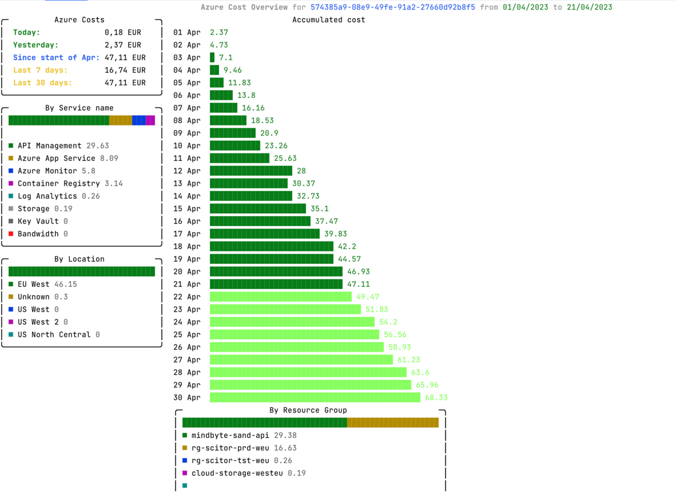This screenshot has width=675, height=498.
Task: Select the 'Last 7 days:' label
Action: (x=40, y=70)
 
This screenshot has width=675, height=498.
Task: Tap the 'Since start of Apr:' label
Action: (x=56, y=57)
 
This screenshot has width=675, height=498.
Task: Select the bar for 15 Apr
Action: (x=258, y=209)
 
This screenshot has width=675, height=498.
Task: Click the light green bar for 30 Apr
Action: (x=315, y=397)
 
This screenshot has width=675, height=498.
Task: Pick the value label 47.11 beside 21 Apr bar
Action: (x=358, y=284)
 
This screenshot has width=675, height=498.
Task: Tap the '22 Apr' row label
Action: (x=187, y=297)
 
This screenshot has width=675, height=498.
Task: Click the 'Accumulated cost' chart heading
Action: (x=328, y=20)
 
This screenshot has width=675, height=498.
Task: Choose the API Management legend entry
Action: (x=49, y=146)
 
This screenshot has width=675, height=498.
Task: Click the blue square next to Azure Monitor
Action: (x=11, y=171)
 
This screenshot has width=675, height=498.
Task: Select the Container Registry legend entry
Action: (x=58, y=183)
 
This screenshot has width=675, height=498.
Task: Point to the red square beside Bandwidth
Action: (x=11, y=234)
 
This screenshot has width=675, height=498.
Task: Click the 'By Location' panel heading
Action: (x=79, y=259)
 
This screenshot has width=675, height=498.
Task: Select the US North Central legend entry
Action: (x=54, y=335)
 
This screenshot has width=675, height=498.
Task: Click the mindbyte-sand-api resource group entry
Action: (x=230, y=436)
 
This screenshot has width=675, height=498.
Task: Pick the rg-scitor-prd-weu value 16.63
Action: (x=285, y=448)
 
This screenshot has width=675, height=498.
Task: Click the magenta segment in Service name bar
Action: (x=150, y=120)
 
